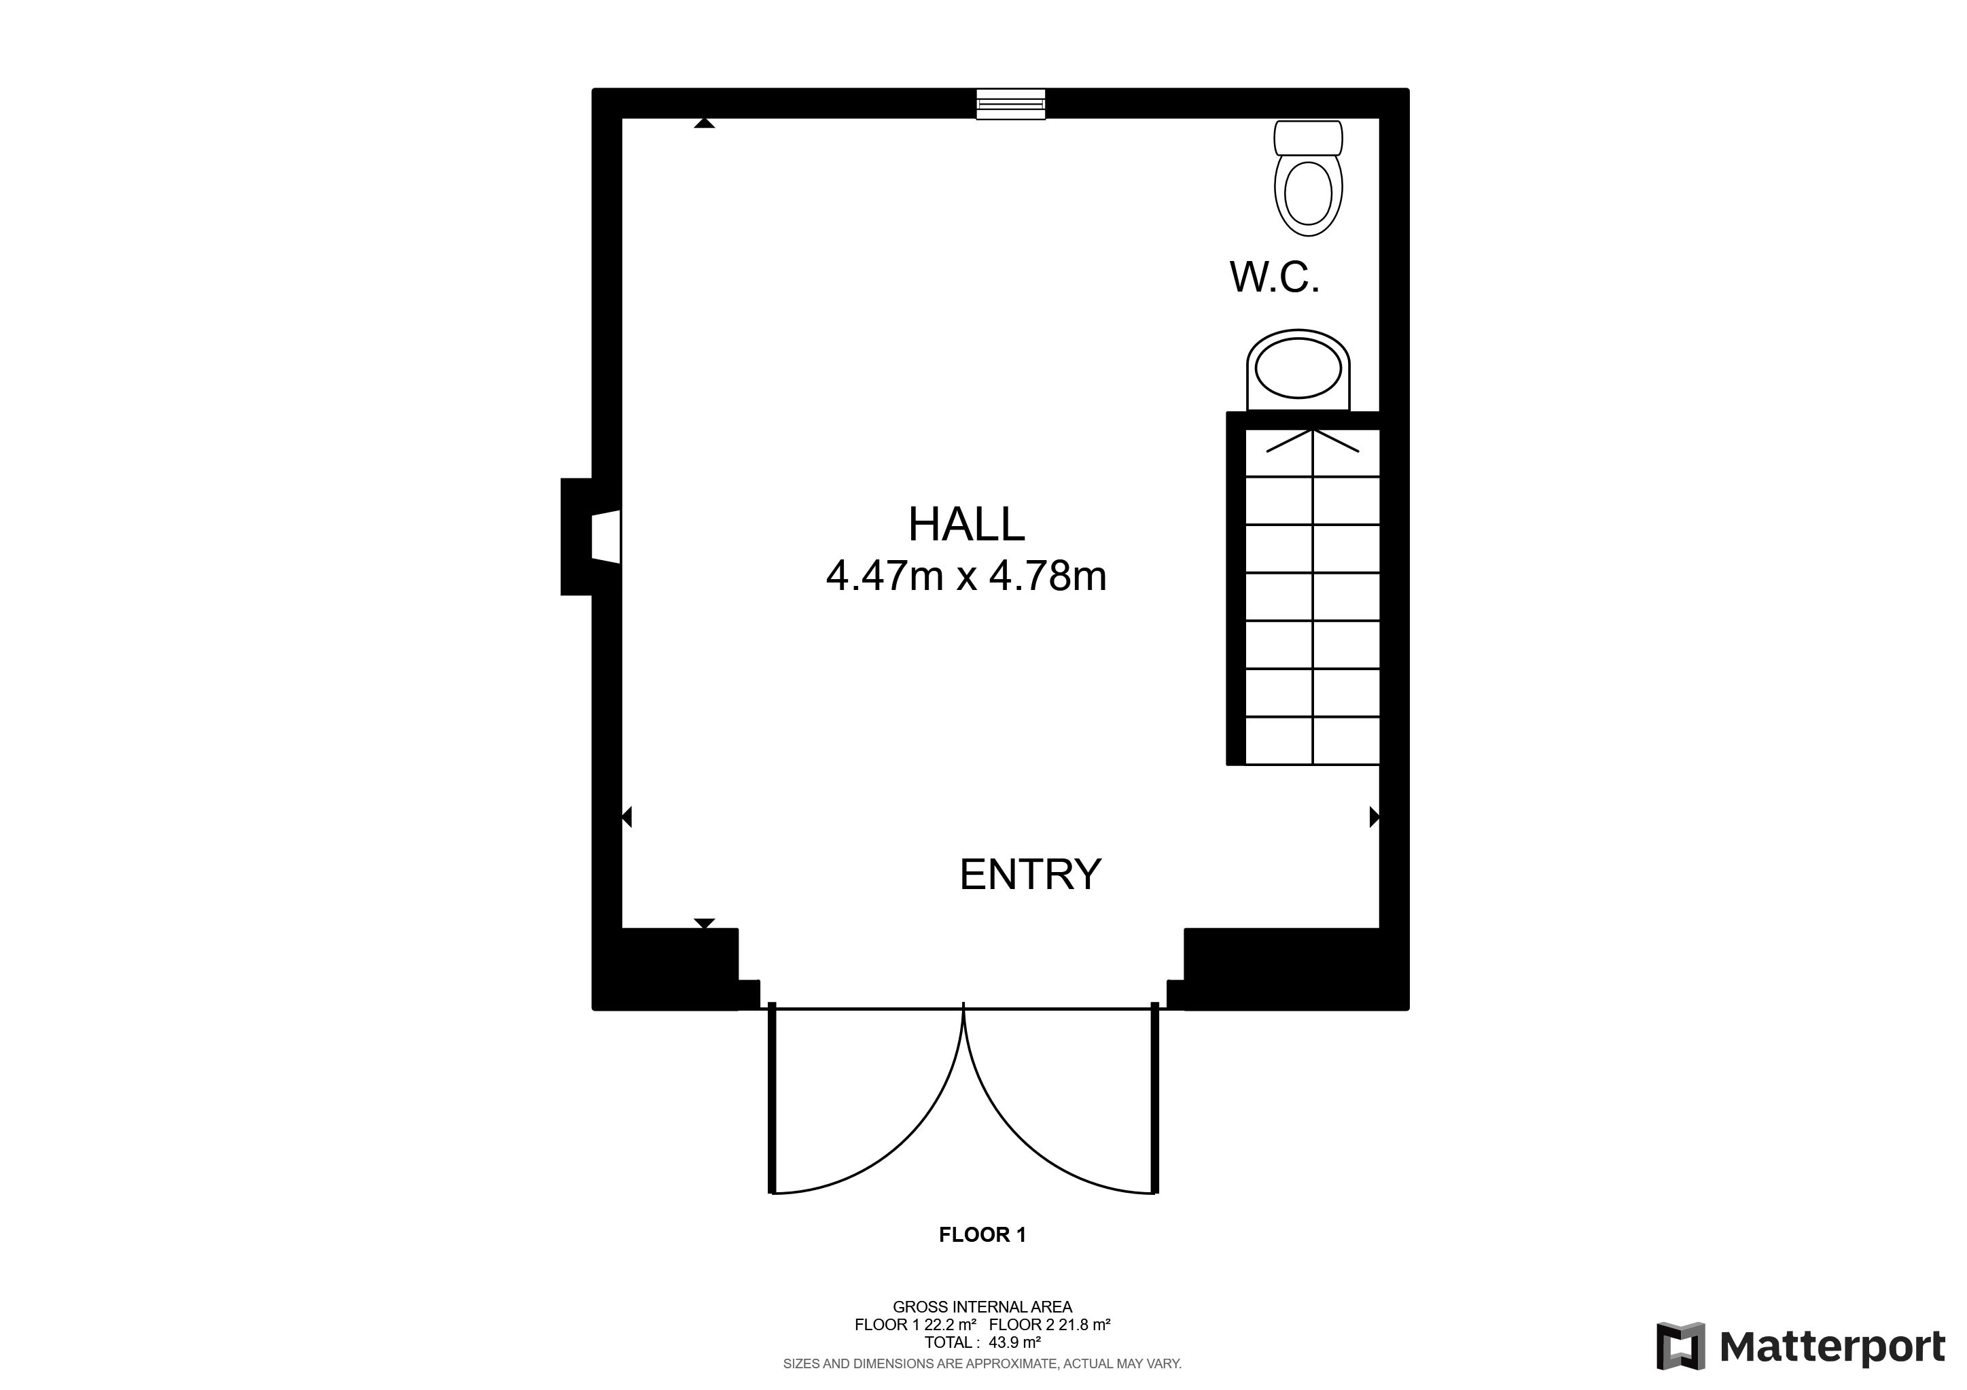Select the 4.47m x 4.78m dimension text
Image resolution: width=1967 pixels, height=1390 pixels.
[x=966, y=576]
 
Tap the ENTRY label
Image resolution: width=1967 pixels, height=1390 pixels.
[x=1030, y=875]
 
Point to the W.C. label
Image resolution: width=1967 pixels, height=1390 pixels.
[x=1275, y=277]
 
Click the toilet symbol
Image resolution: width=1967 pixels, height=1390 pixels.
[x=1308, y=178]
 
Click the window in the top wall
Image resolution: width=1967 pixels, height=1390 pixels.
[x=1011, y=104]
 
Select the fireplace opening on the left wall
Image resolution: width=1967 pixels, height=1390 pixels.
[x=605, y=536]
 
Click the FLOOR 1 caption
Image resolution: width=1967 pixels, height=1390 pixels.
[x=982, y=1235]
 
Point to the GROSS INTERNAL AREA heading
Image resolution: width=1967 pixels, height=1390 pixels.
[x=982, y=1307]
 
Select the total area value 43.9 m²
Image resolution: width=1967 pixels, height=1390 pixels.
[x=1014, y=1343]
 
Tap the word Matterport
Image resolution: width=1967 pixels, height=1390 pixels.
[x=1832, y=1348]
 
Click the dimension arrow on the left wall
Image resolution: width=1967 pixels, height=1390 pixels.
[x=626, y=817]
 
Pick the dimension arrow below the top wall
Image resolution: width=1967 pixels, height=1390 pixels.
[x=704, y=124]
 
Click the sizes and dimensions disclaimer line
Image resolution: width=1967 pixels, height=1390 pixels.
[x=982, y=1363]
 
